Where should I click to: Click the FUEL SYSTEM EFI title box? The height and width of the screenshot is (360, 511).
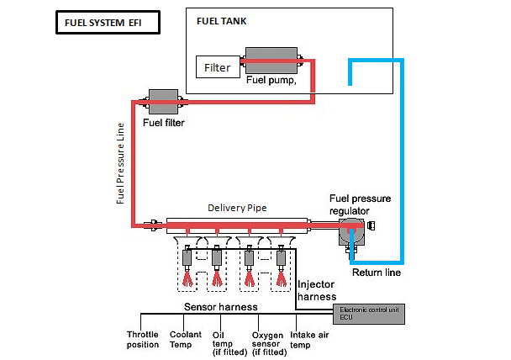tap(106, 24)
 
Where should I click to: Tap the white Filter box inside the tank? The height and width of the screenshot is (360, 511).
tap(218, 67)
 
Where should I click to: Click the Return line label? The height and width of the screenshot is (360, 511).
tap(376, 272)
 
